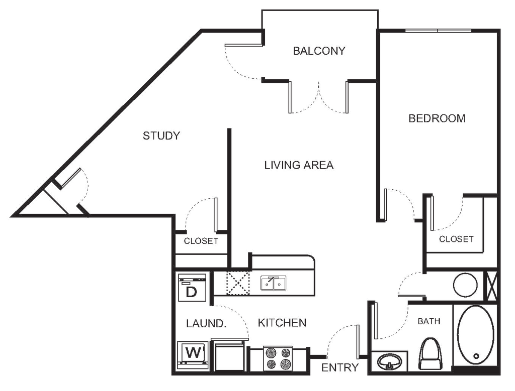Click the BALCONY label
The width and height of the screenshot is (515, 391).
point(319,51)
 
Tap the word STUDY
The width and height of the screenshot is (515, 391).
point(161,136)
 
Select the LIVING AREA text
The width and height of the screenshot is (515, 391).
point(299,165)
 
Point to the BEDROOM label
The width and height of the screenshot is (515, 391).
point(437,118)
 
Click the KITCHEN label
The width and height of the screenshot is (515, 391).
point(282,323)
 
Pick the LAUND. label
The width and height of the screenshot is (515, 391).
point(206,324)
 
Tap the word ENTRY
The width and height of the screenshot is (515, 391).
point(339,368)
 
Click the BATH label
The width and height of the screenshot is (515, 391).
point(429,321)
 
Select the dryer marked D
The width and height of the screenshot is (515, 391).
point(192,288)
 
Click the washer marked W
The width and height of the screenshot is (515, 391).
point(193,355)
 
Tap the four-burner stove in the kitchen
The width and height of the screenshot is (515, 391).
point(278,359)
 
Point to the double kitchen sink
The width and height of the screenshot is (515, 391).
point(273,283)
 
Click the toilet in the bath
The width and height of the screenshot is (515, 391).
point(430,354)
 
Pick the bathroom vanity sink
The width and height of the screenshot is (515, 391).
point(389,362)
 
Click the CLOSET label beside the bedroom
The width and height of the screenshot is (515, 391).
point(456,239)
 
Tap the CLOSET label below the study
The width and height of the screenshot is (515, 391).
point(201,241)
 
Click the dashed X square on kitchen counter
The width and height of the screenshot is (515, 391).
point(238,283)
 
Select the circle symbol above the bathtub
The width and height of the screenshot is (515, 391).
point(465,285)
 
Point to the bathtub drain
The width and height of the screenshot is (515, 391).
point(476,356)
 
